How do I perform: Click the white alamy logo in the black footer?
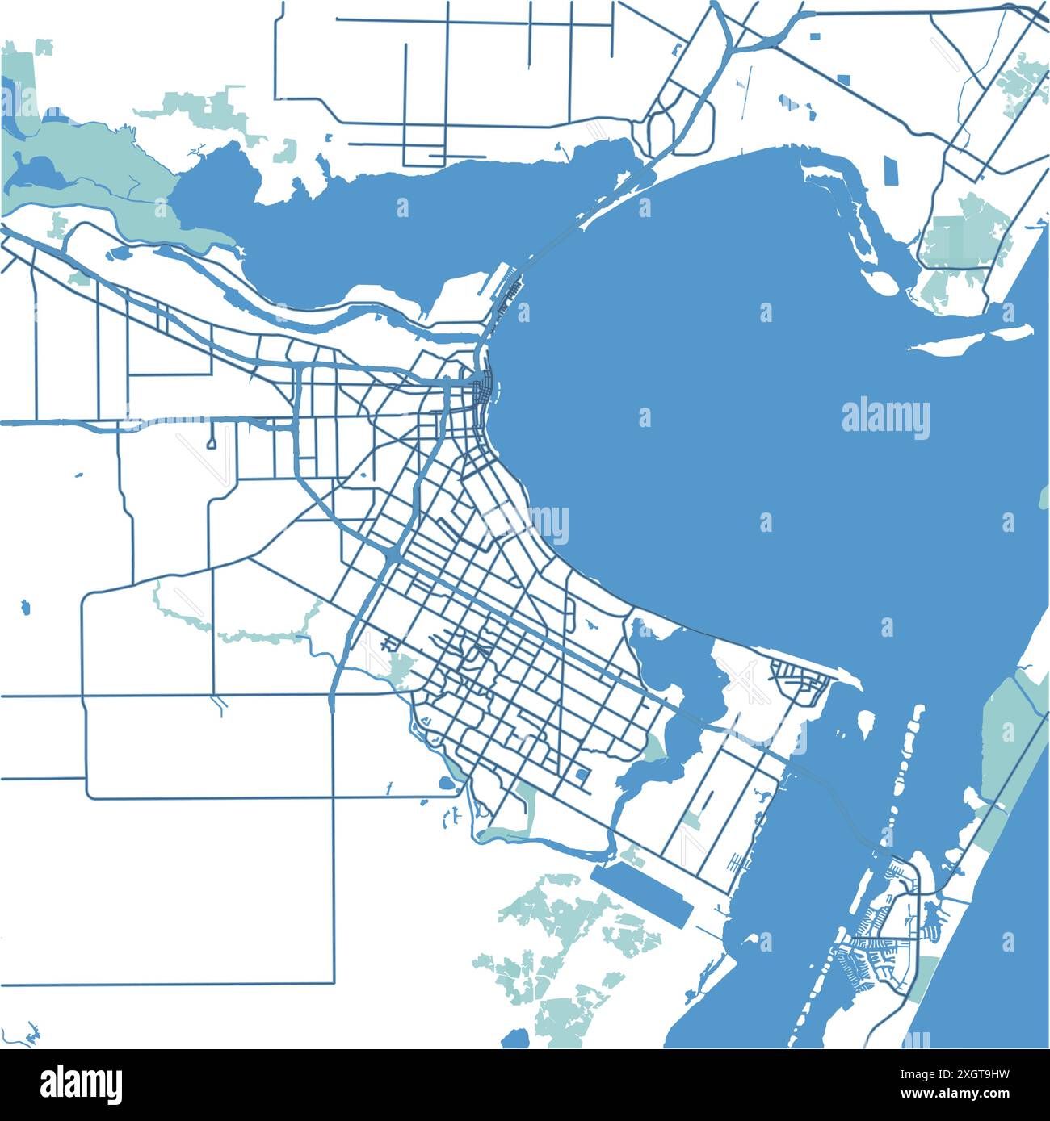coord(81,1084)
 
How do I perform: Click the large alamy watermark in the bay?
coord(885,418)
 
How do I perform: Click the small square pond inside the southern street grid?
coord(582,775)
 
